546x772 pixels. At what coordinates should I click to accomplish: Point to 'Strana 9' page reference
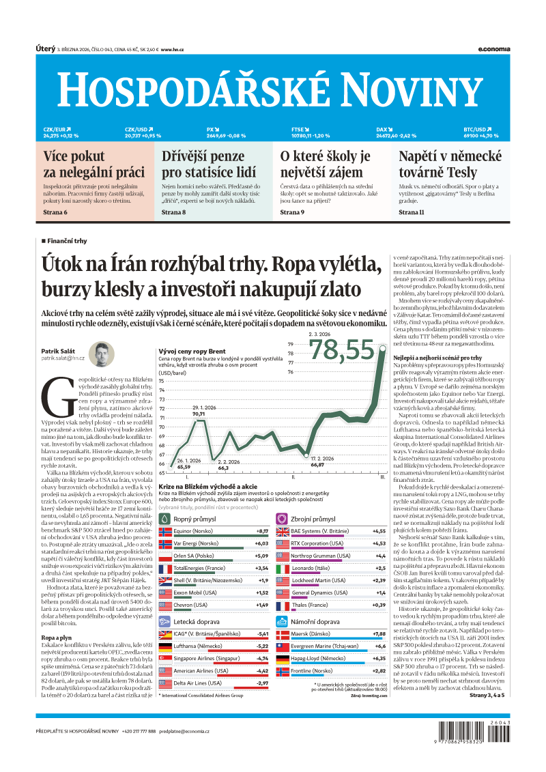pos(292,213)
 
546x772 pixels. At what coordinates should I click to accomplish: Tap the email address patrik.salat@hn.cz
pos(63,358)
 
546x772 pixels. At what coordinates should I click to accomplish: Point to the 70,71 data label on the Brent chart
pos(198,414)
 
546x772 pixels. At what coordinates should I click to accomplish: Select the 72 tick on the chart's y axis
pos(162,417)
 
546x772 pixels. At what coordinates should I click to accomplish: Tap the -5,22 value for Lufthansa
pos(261,645)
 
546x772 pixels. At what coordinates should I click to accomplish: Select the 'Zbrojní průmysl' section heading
pos(313,519)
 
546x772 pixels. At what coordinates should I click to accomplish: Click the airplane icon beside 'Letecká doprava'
pos(164,623)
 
